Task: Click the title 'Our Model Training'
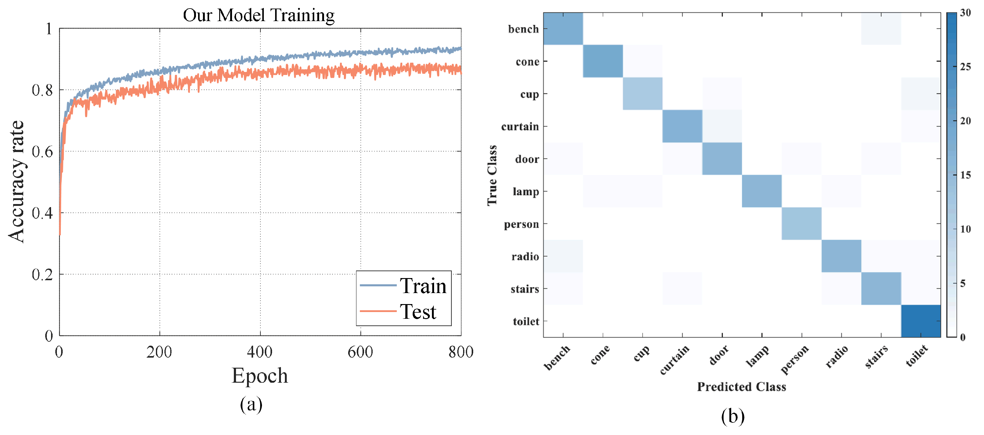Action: click(x=259, y=15)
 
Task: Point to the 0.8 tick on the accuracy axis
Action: click(x=42, y=90)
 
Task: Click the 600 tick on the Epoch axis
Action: click(x=360, y=352)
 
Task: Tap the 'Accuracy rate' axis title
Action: click(x=17, y=182)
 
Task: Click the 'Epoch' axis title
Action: click(x=260, y=375)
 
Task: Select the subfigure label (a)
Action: click(x=251, y=404)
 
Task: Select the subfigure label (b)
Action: click(x=733, y=416)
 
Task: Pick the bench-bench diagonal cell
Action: click(x=563, y=29)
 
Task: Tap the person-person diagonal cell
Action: click(x=802, y=224)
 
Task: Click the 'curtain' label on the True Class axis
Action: click(x=520, y=127)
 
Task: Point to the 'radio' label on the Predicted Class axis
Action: click(x=837, y=357)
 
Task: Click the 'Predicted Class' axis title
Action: click(x=741, y=387)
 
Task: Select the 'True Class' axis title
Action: click(x=492, y=175)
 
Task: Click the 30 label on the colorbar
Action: click(x=965, y=13)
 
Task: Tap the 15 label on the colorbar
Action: click(x=965, y=175)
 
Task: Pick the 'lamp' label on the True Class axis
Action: click(x=525, y=191)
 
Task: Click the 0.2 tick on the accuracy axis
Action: click(x=42, y=274)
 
